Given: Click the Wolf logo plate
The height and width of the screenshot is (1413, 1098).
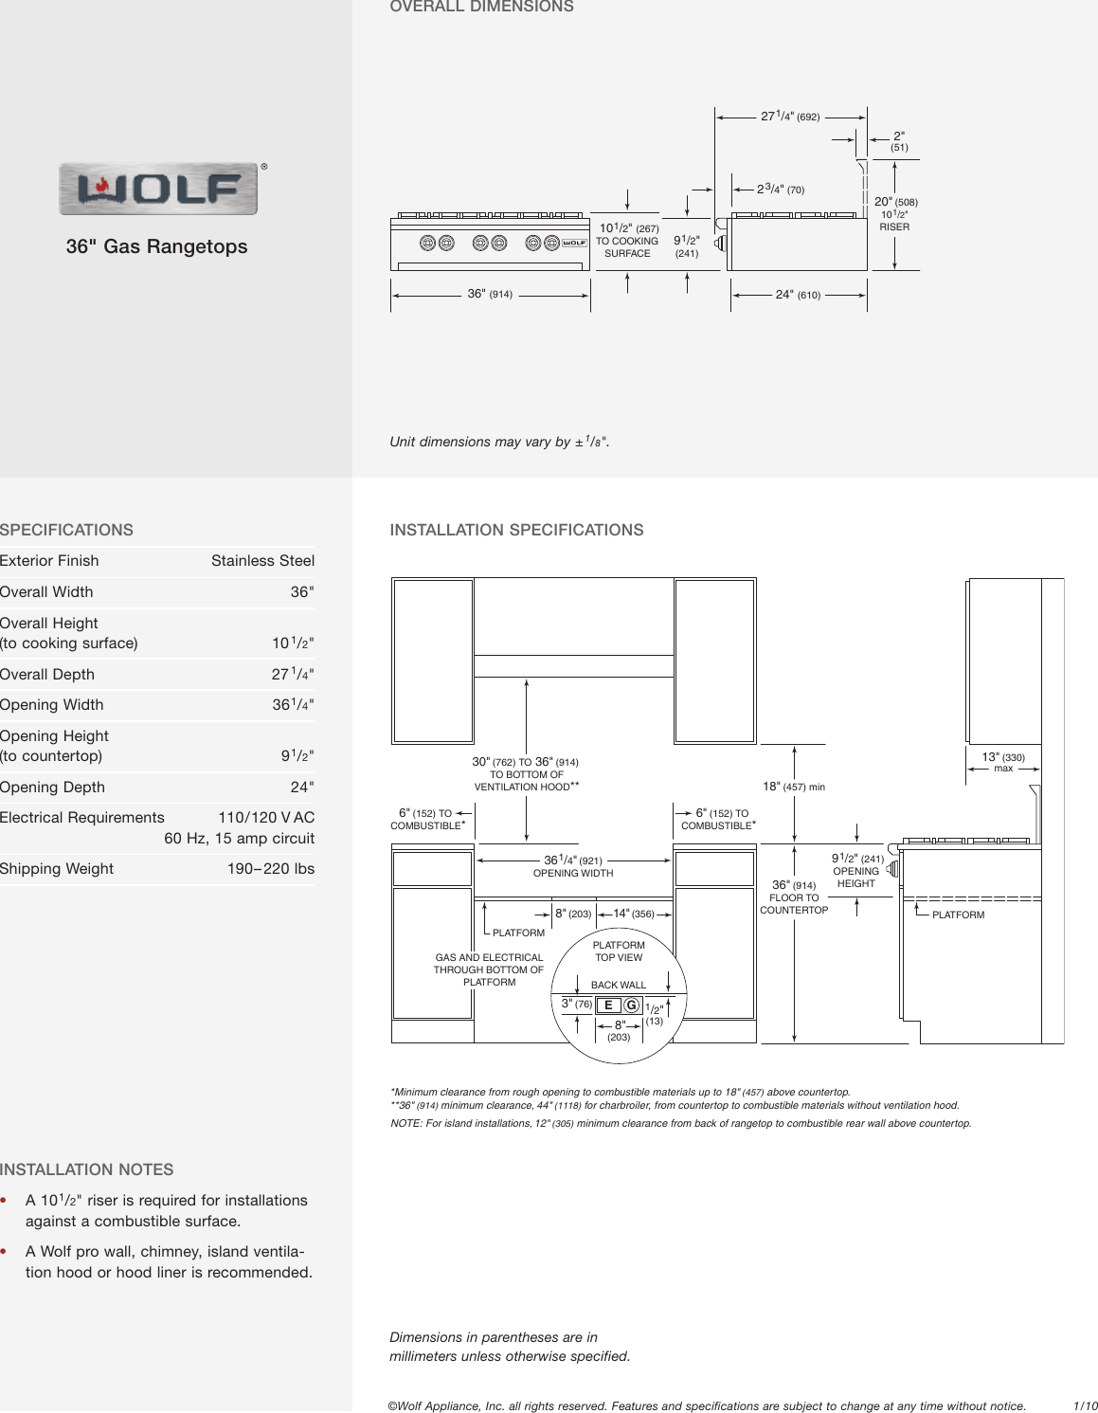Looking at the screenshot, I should coord(158,189).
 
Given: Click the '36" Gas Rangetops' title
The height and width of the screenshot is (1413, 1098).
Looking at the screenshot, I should coord(156,246).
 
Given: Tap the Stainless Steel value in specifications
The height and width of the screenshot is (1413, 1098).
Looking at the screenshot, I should coord(262,561).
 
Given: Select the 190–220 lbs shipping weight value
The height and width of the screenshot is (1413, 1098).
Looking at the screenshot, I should coord(270,869).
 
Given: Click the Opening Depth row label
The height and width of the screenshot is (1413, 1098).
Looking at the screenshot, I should coord(53,788).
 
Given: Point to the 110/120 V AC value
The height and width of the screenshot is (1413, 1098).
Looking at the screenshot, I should coord(265,818).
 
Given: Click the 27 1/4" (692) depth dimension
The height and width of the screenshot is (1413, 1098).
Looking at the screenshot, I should coord(790,117).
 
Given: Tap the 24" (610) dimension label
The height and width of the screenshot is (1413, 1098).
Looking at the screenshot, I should coord(798,295).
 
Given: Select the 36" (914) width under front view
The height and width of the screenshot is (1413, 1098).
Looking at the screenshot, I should coord(490,295).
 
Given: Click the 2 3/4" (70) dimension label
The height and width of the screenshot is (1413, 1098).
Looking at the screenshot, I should coord(781,190).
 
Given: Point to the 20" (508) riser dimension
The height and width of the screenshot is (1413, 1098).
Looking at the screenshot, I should coord(895,202).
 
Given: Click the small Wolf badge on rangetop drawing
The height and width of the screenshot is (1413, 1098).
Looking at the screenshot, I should coord(574,243).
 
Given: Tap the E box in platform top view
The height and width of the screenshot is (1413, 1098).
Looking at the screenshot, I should coord(608,1005).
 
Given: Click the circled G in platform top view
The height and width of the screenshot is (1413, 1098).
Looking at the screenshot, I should coord(632,1005).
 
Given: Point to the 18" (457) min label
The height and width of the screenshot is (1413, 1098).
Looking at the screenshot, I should coord(794,787).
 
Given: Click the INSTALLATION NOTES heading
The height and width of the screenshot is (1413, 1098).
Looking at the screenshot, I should coord(87,1170).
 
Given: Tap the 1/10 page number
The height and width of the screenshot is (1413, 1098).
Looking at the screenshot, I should coord(1084,1406).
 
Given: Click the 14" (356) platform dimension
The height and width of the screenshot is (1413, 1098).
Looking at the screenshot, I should coord(633,914).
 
